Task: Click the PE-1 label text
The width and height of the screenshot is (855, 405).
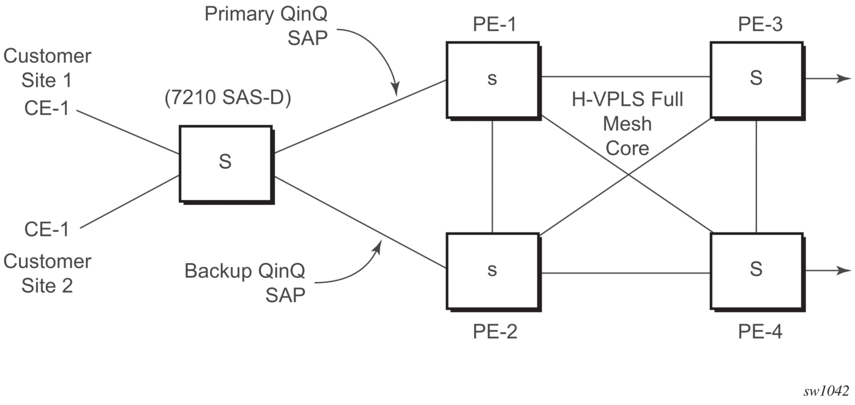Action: click(x=495, y=24)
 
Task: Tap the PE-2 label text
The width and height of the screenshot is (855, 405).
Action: click(x=495, y=332)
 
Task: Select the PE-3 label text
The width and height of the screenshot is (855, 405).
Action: click(x=760, y=24)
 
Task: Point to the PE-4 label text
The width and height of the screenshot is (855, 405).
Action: click(x=760, y=332)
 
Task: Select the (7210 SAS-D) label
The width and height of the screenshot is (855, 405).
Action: click(x=228, y=98)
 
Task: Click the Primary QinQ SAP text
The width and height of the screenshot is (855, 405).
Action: click(x=266, y=26)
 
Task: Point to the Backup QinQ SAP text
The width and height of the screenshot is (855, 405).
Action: click(x=245, y=283)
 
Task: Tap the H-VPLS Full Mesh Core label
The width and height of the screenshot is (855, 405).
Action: click(x=627, y=124)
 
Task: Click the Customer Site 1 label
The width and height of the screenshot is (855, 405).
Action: click(x=47, y=68)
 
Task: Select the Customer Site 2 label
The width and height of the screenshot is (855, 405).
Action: click(x=47, y=273)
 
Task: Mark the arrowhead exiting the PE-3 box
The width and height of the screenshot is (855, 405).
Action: click(x=843, y=79)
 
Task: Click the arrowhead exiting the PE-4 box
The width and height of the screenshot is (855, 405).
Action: click(x=843, y=270)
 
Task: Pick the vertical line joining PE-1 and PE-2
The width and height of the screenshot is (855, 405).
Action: click(x=492, y=177)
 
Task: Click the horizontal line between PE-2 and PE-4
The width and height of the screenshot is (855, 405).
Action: click(x=626, y=273)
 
